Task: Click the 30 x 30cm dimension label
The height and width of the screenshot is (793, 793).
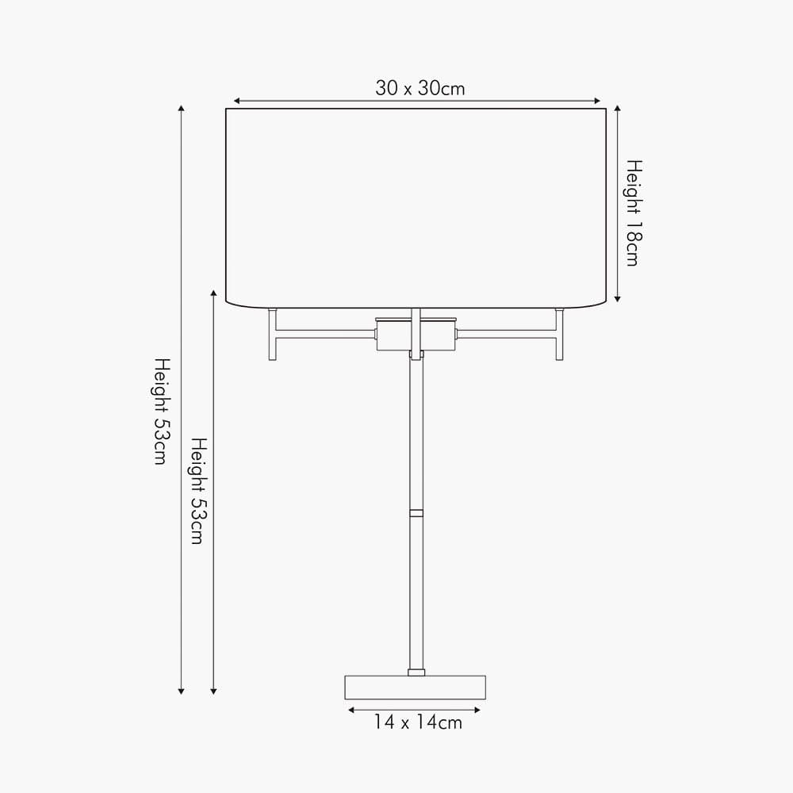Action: click(420, 88)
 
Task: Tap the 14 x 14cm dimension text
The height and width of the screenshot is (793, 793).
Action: click(418, 722)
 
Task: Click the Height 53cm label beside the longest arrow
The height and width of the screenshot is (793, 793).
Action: click(161, 411)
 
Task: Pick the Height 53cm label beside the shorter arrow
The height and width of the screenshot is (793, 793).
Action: click(197, 490)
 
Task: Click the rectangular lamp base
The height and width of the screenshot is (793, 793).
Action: click(415, 687)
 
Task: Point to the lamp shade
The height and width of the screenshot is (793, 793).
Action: click(416, 206)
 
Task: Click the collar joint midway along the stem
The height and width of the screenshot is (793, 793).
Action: click(416, 512)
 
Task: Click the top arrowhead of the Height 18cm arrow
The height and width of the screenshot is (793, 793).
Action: click(618, 108)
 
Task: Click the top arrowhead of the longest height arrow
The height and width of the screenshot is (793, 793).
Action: click(182, 109)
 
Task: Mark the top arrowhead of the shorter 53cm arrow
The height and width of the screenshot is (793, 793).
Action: click(213, 293)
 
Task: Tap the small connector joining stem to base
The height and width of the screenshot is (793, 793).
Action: click(416, 672)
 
